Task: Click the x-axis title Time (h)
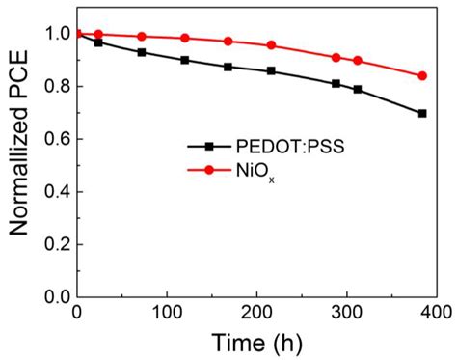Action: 257,343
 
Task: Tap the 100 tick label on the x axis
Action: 167,313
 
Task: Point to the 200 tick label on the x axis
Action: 256,313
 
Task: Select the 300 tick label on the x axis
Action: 346,313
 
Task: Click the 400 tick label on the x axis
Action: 434,313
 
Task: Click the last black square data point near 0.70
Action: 422,113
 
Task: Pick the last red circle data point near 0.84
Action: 422,75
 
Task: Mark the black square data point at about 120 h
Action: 185,60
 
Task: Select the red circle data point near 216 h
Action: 271,45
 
